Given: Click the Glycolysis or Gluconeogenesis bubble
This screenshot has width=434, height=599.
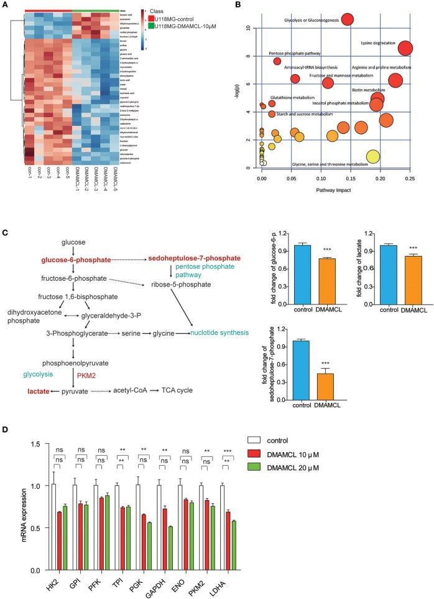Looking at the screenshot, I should click(347, 20).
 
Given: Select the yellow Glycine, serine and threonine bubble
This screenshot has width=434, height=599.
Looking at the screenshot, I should click(372, 156).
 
